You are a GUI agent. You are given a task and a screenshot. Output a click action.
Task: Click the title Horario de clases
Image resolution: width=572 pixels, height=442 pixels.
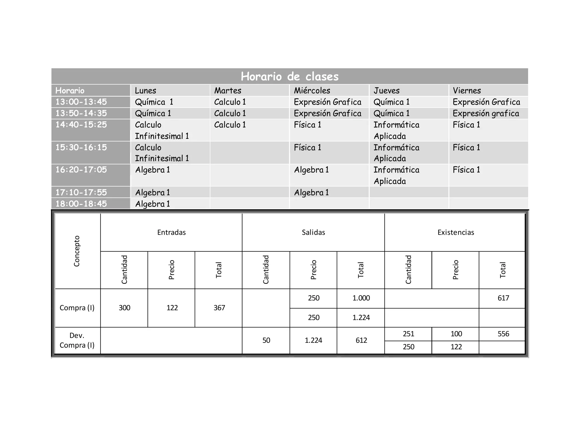[290, 76]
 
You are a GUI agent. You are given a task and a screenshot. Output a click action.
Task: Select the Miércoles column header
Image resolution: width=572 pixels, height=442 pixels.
[312, 91]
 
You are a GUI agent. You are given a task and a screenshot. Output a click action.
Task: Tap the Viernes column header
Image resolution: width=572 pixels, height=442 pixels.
[467, 91]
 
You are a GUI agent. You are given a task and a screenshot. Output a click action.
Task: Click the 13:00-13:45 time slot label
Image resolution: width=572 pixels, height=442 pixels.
[81, 102]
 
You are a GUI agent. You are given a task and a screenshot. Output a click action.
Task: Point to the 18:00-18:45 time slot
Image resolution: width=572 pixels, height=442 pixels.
[81, 204]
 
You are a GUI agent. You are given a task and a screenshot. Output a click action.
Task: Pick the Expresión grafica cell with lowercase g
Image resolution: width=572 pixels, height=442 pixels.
[486, 113]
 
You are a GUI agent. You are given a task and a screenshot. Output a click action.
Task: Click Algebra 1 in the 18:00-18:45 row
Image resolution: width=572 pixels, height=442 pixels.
[152, 204]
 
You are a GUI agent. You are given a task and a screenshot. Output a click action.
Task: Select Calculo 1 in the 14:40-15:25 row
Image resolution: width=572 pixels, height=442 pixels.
[230, 125]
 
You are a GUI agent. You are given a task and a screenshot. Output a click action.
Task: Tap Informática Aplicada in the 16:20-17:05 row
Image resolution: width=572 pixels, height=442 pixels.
[396, 175]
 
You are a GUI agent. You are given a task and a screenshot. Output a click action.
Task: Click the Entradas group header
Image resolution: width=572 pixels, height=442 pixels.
[171, 232]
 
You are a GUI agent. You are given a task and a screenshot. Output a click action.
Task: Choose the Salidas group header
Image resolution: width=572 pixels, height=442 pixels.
[313, 232]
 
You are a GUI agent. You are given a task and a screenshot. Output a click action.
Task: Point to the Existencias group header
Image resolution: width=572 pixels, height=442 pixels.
[456, 232]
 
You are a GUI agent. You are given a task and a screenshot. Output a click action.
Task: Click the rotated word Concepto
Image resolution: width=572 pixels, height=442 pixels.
[77, 251]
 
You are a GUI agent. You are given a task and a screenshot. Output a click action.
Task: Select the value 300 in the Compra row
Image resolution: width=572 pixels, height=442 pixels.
[124, 308]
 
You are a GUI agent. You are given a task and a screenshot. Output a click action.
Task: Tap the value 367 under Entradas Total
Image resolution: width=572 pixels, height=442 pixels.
[219, 308]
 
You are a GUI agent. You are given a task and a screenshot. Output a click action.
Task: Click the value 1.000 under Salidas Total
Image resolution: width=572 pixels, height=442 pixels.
[361, 298]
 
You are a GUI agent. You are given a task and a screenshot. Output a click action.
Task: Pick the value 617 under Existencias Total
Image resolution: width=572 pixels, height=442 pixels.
[503, 298]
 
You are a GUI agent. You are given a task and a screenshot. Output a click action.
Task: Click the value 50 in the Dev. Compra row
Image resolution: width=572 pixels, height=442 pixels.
[266, 340]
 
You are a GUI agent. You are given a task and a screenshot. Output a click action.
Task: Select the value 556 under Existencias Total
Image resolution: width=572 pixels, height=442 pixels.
[503, 334]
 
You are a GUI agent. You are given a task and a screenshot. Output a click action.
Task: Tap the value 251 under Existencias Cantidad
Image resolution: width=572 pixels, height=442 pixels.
[408, 334]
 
